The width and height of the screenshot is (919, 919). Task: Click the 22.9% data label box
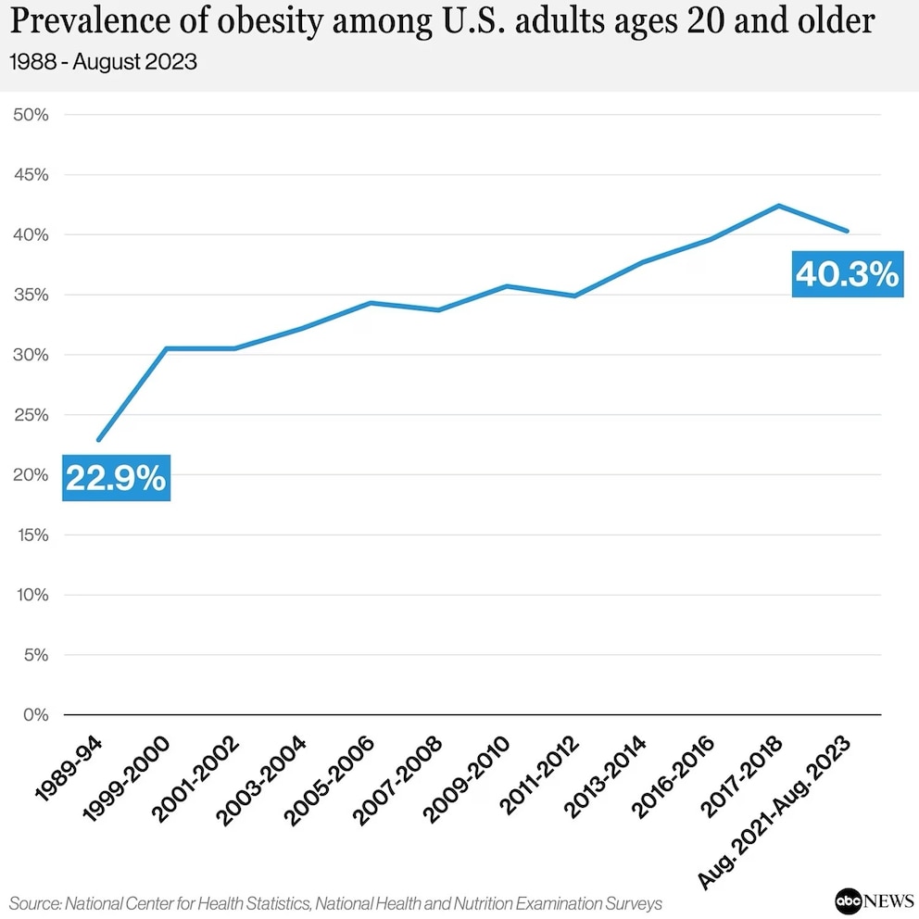coord(116,478)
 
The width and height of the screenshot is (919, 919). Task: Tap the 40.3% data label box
coord(847,274)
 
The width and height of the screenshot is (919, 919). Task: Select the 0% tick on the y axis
coord(35,714)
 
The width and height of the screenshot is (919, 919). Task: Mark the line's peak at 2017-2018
coord(779,206)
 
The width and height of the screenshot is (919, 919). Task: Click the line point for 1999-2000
coord(166,348)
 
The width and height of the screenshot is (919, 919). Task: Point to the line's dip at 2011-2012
coord(574,296)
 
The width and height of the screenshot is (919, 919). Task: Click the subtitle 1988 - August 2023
coord(104,64)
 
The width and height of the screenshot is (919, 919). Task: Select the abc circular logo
coord(848,900)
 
